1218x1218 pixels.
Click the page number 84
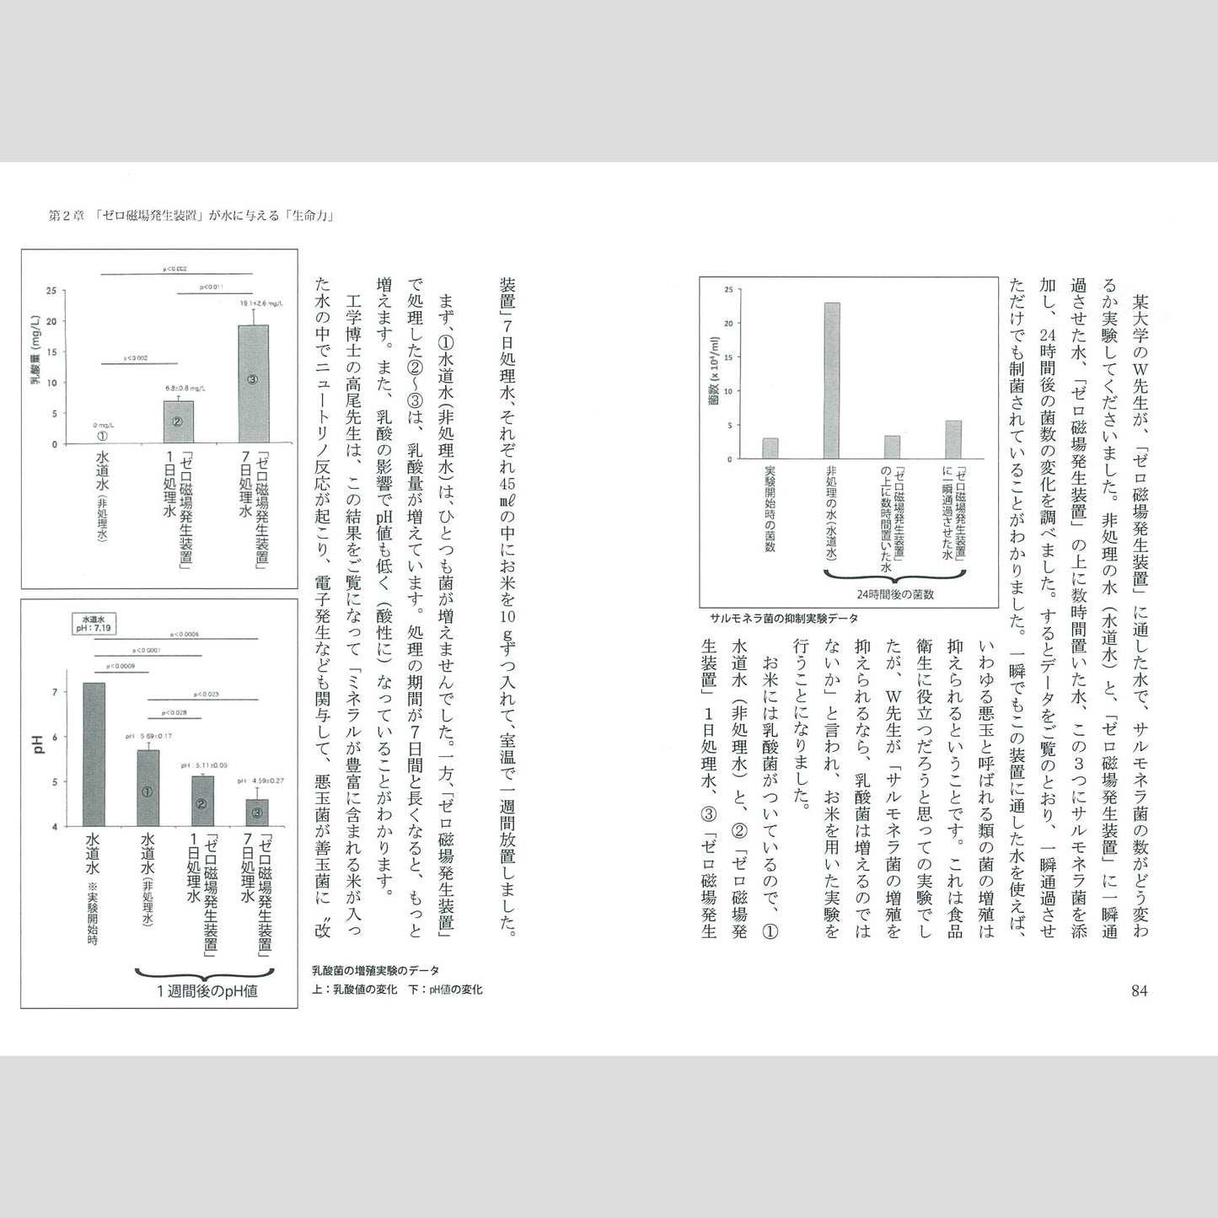pos(1139,990)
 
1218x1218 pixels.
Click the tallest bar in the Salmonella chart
pos(832,381)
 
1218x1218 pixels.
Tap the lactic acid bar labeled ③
pos(253,384)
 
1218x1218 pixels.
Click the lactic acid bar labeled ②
pos(178,421)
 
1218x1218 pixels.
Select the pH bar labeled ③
pos(257,813)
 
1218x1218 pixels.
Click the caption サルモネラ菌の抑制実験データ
pos(782,618)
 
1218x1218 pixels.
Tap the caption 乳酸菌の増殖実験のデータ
pos(376,971)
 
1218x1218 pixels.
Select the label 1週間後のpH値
pos(207,991)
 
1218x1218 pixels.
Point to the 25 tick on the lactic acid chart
pos(52,291)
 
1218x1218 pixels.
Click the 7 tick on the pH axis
pos(56,692)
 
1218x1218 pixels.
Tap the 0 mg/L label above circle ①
pos(102,425)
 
